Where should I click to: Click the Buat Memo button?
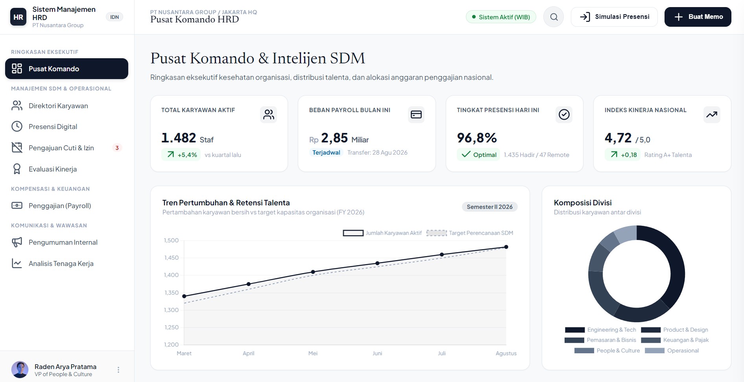698,17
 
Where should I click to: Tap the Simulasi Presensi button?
614,17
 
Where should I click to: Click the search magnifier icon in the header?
554,17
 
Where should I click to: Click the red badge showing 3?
117,148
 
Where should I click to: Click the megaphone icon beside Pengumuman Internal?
17,242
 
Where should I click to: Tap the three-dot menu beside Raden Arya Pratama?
118,370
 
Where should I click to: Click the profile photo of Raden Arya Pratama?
20,370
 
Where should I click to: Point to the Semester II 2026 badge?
489,207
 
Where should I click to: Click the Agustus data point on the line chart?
506,247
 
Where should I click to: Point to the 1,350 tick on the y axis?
172,293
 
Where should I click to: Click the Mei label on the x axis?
313,353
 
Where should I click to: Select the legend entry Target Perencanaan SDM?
470,233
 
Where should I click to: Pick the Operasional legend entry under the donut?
672,351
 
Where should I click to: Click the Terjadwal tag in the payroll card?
326,153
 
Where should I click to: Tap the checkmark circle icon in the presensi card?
564,114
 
